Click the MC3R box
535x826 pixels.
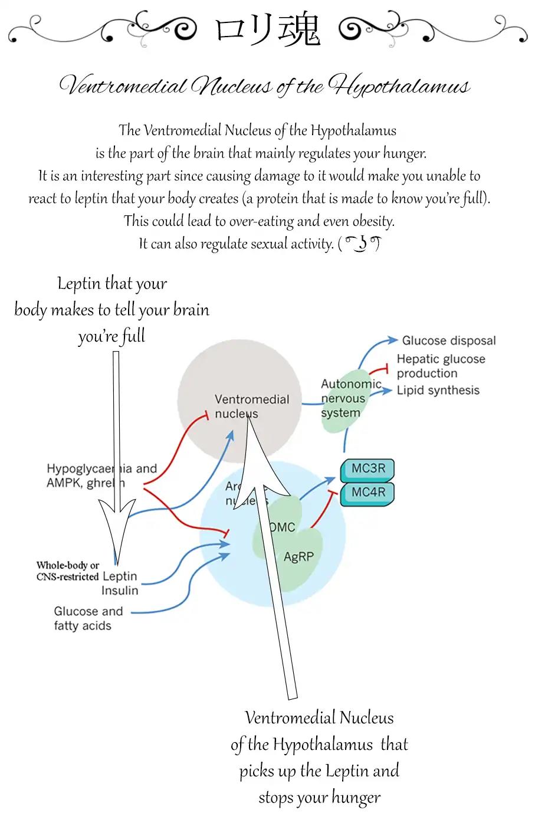click(x=367, y=470)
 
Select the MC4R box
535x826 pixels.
click(x=367, y=493)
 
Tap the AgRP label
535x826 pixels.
click(x=298, y=556)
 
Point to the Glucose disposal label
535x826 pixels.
click(x=448, y=340)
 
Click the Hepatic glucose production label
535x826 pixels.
click(x=440, y=366)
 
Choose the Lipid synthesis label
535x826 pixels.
click(x=438, y=390)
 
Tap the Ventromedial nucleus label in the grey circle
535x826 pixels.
click(x=251, y=406)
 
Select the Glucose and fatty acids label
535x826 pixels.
click(x=88, y=618)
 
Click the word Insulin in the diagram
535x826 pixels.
click(x=120, y=590)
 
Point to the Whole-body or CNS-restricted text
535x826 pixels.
click(x=67, y=571)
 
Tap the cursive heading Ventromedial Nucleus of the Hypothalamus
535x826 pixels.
click(x=265, y=86)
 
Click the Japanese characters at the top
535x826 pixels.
click(x=267, y=31)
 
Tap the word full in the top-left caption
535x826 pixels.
click(x=133, y=336)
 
